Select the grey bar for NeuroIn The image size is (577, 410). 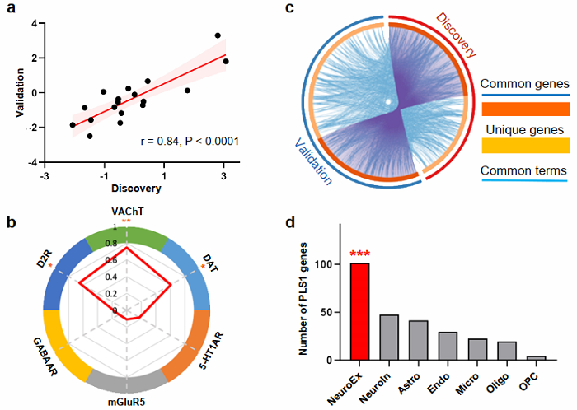389,338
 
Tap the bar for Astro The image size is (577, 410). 419,340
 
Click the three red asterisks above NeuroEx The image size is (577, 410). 359,254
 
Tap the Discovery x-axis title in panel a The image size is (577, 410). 136,189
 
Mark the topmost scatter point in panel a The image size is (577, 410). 218,35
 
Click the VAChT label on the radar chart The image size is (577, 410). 127,212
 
